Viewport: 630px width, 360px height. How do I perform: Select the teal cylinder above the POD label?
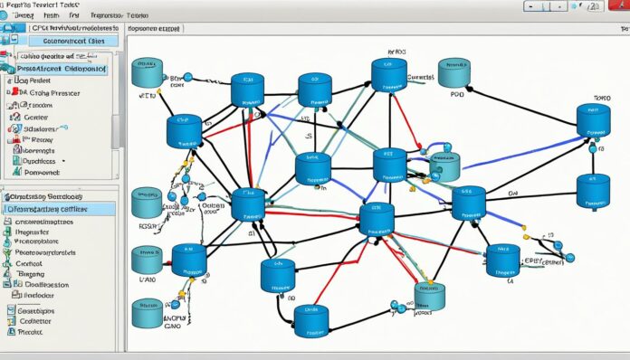point(453,73)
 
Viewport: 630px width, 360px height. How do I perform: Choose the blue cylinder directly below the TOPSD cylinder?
point(592,191)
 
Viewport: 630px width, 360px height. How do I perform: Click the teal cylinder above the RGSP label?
point(145,203)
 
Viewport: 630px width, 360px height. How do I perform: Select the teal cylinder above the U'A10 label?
point(147,260)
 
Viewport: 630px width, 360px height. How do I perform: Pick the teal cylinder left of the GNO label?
point(146,313)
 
